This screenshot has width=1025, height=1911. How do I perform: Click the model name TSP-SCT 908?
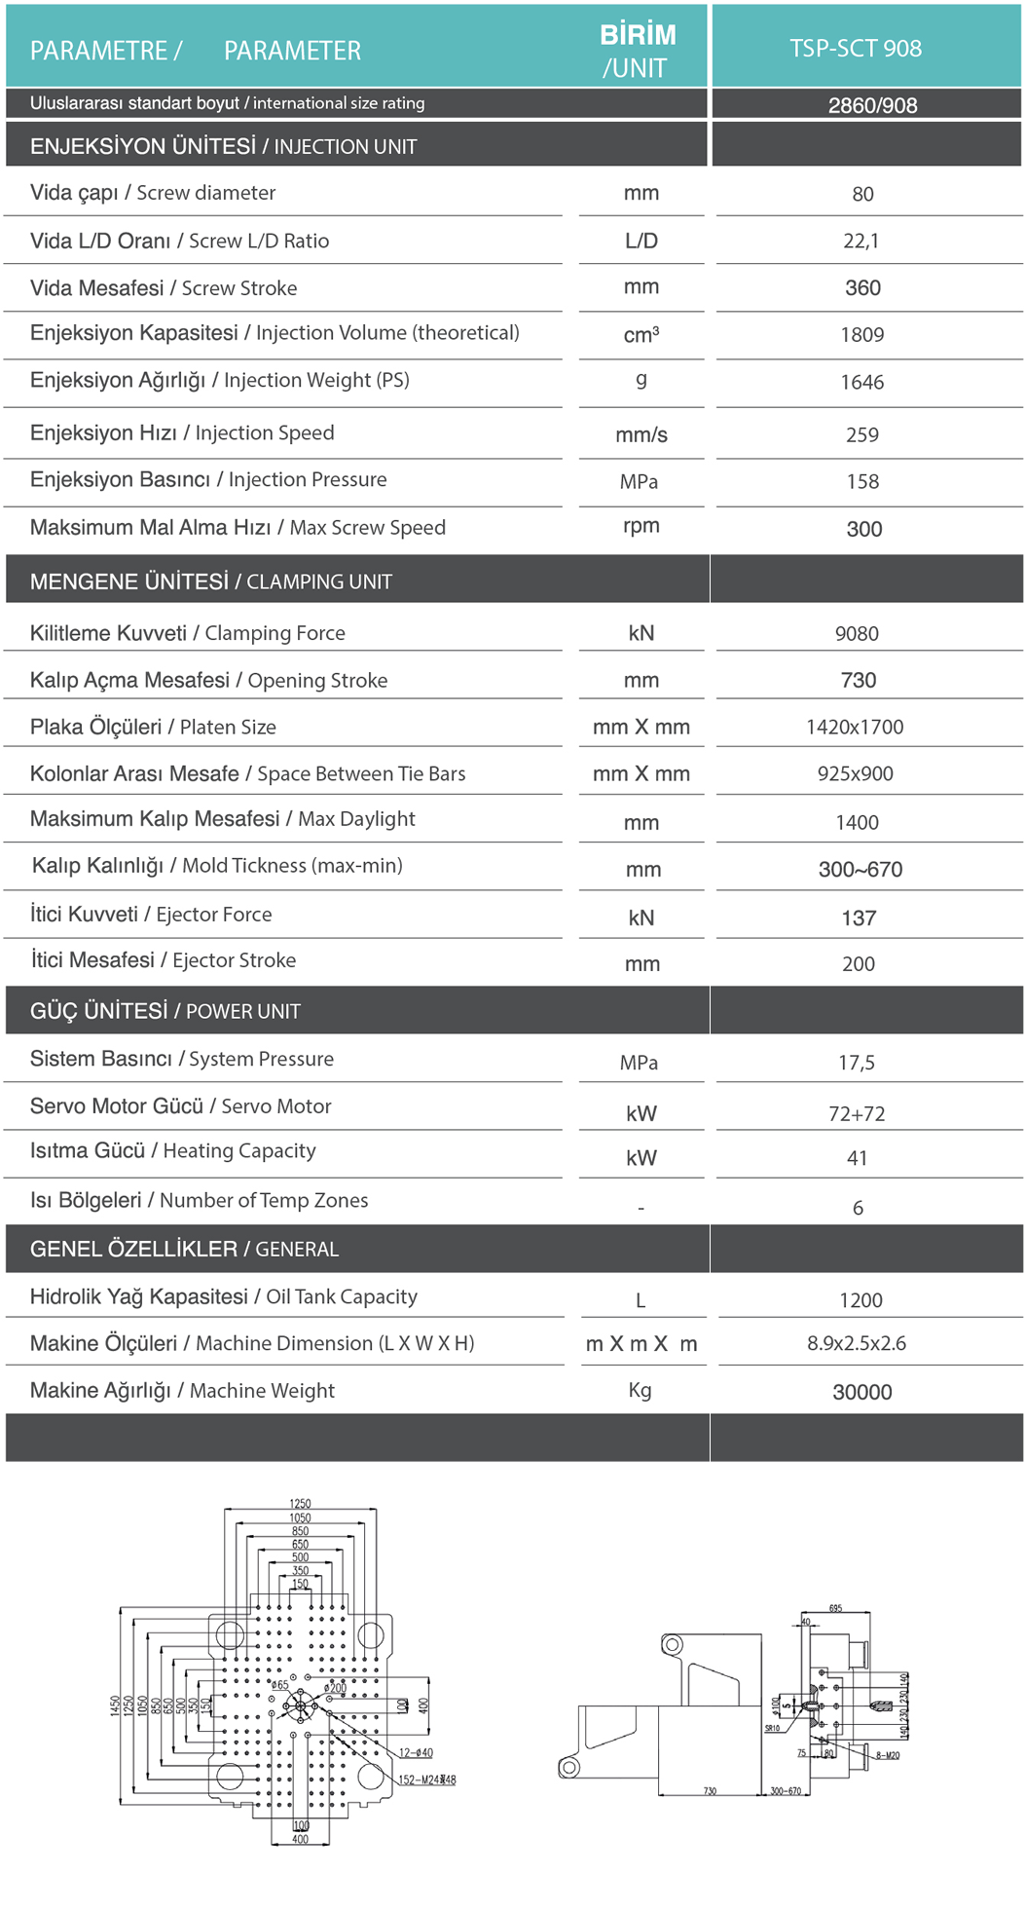pyautogui.click(x=856, y=49)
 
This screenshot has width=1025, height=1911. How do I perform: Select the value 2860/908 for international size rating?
pyautogui.click(x=872, y=105)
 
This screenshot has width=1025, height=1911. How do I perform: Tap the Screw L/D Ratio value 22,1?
pyautogui.click(x=861, y=241)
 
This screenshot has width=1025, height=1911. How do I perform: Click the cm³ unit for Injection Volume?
pyautogui.click(x=641, y=335)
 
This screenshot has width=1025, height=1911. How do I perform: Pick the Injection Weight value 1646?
pyautogui.click(x=862, y=382)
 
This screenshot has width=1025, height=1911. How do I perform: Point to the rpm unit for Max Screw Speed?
pyautogui.click(x=641, y=526)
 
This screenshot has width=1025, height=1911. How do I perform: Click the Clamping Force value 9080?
pyautogui.click(x=857, y=633)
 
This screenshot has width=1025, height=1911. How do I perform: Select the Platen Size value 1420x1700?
pyautogui.click(x=855, y=727)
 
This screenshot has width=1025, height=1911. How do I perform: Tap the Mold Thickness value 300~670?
pyautogui.click(x=860, y=869)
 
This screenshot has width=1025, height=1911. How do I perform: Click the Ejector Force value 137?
pyautogui.click(x=859, y=918)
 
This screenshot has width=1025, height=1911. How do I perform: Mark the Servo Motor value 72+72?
pyautogui.click(x=857, y=1113)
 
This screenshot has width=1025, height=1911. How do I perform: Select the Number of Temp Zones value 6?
pyautogui.click(x=858, y=1208)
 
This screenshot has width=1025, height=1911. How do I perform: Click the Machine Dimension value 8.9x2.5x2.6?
pyautogui.click(x=857, y=1343)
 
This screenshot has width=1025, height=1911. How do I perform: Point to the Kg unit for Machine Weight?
pyautogui.click(x=640, y=1390)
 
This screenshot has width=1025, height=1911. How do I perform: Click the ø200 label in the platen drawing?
pyautogui.click(x=335, y=1688)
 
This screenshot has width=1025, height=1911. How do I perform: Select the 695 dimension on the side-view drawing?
pyautogui.click(x=835, y=1608)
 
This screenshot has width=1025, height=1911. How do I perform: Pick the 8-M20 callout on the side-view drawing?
pyautogui.click(x=887, y=1755)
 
